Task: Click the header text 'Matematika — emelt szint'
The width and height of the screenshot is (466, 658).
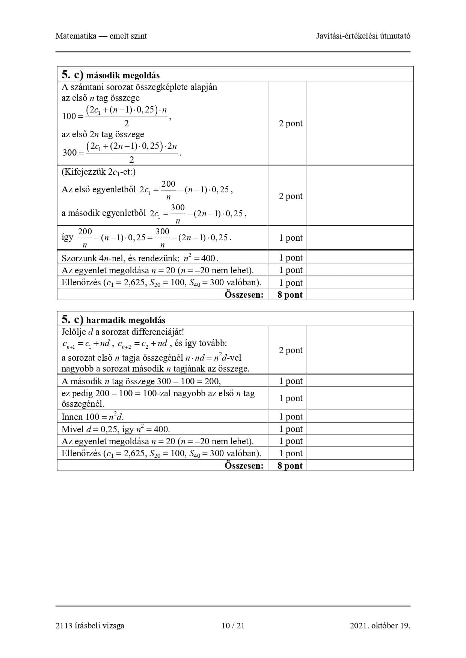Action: (x=101, y=36)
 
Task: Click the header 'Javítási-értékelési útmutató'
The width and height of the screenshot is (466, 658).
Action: (x=363, y=36)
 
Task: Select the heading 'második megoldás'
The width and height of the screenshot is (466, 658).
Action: (x=123, y=75)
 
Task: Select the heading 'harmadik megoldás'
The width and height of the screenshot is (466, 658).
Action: (x=125, y=320)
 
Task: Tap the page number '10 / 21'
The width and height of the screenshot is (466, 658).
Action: (x=233, y=625)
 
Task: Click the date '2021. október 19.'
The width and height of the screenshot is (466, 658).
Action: (x=380, y=625)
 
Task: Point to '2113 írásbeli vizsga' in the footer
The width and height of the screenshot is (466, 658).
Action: (x=90, y=625)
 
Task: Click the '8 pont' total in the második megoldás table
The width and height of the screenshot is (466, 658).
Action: (x=290, y=295)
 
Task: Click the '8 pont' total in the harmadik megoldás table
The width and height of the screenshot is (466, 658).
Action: (x=290, y=466)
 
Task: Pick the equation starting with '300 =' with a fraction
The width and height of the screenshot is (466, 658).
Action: (x=122, y=152)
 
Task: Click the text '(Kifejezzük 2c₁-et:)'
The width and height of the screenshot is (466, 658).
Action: (x=99, y=172)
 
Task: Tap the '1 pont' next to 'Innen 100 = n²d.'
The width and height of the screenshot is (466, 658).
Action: (x=291, y=417)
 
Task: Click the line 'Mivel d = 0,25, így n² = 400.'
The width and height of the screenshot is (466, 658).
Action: (x=116, y=429)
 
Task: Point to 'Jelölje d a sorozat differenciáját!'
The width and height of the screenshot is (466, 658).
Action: (x=123, y=332)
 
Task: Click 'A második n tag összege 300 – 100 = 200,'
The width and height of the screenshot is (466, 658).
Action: (x=141, y=381)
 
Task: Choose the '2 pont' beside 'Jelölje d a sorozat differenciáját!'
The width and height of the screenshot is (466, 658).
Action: (x=291, y=350)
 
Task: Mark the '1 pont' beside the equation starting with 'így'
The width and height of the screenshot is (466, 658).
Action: (x=291, y=238)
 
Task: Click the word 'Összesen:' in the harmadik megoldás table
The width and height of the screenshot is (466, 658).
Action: (x=244, y=466)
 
